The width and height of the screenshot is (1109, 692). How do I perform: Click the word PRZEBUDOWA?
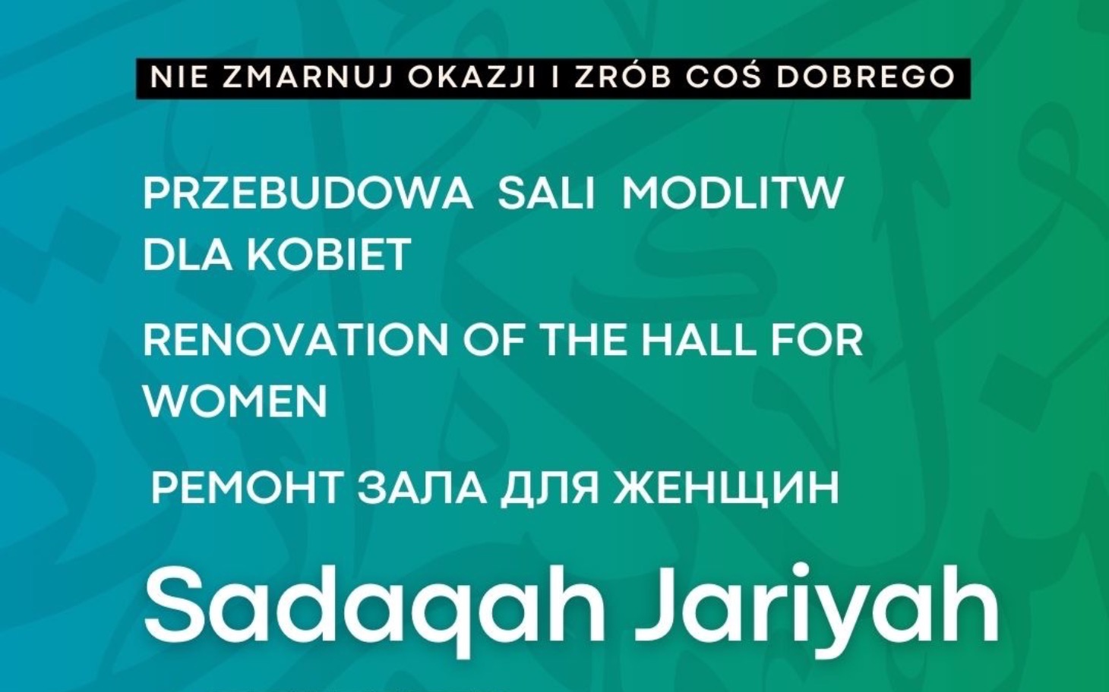click(x=308, y=193)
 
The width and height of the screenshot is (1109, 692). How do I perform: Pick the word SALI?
click(x=546, y=193)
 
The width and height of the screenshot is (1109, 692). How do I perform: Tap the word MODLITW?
click(x=733, y=193)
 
